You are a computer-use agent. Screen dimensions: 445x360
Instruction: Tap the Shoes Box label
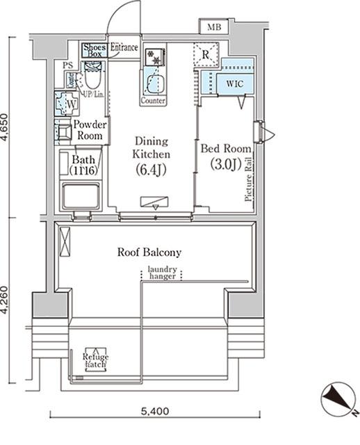click(x=93, y=49)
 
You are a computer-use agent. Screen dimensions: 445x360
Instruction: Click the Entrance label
click(x=124, y=49)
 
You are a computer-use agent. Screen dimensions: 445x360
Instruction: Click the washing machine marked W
click(x=69, y=104)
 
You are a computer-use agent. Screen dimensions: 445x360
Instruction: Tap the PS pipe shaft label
click(x=67, y=66)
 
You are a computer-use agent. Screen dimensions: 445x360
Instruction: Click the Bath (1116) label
click(x=83, y=164)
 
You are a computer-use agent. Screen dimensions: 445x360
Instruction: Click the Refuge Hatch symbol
click(x=95, y=359)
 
